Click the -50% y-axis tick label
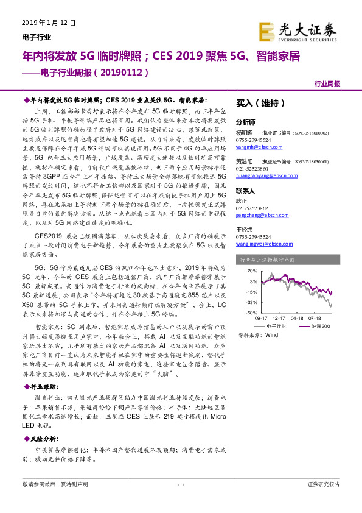point(251,313)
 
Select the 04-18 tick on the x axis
point(298,318)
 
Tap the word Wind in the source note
point(271,335)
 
